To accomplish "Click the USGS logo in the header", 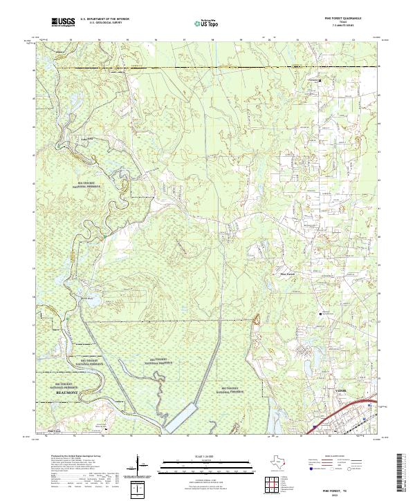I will point(64,22).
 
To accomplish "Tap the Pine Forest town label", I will point(286,274).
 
